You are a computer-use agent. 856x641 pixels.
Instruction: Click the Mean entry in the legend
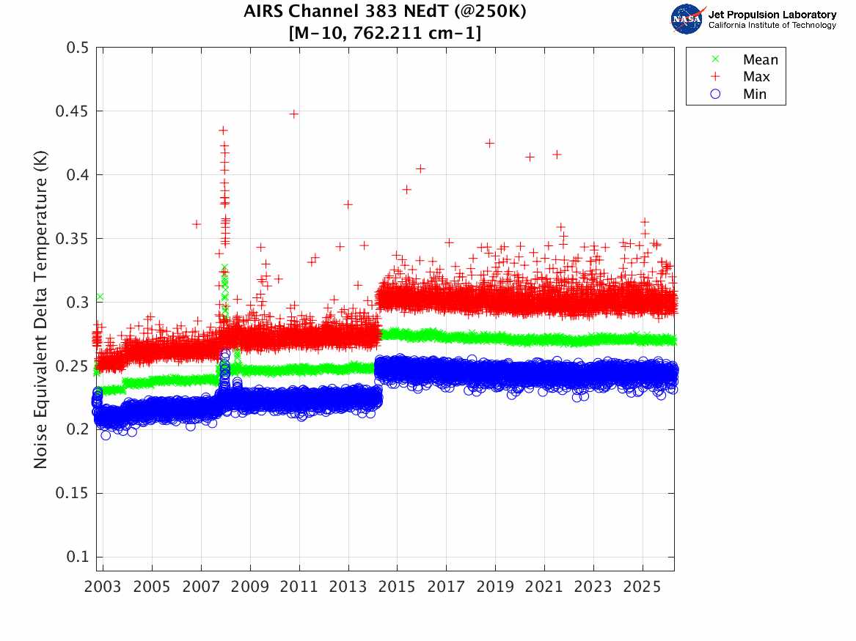[759, 59]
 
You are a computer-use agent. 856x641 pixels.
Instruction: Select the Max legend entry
[756, 77]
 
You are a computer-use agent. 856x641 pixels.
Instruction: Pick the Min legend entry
[754, 95]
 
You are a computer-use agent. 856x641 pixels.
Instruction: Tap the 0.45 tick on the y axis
[73, 111]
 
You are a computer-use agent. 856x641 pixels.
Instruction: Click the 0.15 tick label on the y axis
[73, 493]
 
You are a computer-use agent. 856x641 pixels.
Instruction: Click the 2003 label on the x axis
[103, 588]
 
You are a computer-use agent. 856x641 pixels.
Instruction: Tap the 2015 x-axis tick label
[397, 588]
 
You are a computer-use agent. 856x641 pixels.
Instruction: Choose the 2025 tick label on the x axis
[643, 588]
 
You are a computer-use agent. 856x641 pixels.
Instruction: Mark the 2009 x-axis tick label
[250, 588]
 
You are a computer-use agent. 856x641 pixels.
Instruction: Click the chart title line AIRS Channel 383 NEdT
[385, 12]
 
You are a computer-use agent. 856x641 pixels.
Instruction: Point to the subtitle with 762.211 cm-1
[385, 32]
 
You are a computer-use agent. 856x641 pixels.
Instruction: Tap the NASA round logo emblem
[687, 19]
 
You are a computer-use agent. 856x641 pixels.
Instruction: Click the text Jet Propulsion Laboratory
[772, 15]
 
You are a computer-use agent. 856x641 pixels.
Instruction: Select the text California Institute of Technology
[772, 26]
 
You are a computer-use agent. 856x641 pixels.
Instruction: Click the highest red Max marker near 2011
[293, 114]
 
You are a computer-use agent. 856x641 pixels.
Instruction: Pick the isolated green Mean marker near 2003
[100, 297]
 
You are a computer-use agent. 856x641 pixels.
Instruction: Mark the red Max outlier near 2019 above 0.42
[490, 143]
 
